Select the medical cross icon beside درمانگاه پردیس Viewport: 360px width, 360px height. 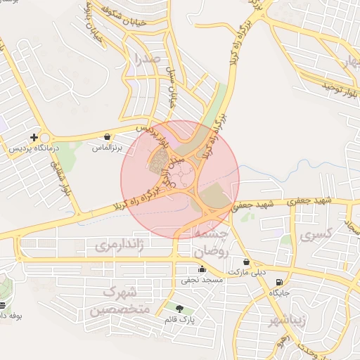[33, 137]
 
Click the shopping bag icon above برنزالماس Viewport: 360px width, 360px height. [106, 137]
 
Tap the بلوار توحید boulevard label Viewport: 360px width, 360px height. [340, 86]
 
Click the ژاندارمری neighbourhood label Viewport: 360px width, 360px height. [118, 246]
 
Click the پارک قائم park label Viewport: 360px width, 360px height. [179, 320]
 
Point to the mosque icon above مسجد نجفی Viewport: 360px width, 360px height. [202, 269]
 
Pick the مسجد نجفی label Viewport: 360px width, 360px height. [202, 280]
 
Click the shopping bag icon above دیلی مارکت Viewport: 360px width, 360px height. [245, 262]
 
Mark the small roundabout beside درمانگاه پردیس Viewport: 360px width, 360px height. [46, 139]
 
